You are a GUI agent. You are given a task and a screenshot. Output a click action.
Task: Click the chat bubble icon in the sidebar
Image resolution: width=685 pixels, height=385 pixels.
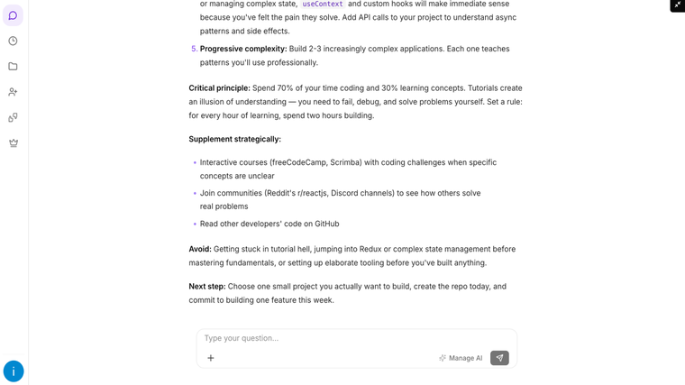pyautogui.click(x=13, y=15)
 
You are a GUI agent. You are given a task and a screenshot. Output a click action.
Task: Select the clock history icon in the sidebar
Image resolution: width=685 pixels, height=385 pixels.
pyautogui.click(x=13, y=41)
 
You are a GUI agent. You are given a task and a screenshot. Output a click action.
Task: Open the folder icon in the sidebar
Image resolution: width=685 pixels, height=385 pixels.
pyautogui.click(x=13, y=67)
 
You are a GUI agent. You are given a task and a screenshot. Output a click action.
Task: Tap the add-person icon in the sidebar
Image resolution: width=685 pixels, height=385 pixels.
pyautogui.click(x=13, y=92)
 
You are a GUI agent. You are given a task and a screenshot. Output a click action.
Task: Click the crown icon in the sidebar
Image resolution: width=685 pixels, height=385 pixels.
pyautogui.click(x=13, y=142)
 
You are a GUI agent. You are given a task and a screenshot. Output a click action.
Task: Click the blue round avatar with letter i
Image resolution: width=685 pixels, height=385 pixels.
pyautogui.click(x=14, y=371)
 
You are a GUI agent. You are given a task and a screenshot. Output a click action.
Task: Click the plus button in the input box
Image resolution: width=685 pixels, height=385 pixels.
pyautogui.click(x=211, y=358)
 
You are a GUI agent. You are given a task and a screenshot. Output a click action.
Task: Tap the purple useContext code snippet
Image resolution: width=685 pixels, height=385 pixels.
pyautogui.click(x=323, y=5)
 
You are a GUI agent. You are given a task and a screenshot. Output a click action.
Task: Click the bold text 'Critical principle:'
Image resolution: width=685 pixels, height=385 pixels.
pyautogui.click(x=219, y=88)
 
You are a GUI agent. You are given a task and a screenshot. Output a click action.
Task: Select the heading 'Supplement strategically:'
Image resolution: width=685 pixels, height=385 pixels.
pyautogui.click(x=234, y=139)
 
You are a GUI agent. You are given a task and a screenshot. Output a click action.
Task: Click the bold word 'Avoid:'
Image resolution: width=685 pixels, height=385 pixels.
pyautogui.click(x=200, y=249)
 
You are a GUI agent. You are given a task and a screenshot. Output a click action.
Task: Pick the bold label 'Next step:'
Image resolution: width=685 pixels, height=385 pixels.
pyautogui.click(x=207, y=287)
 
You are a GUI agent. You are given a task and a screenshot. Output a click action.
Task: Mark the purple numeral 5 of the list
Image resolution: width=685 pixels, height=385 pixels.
pyautogui.click(x=194, y=49)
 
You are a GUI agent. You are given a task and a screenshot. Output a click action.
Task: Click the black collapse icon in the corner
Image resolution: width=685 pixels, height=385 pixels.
pyautogui.click(x=677, y=5)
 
